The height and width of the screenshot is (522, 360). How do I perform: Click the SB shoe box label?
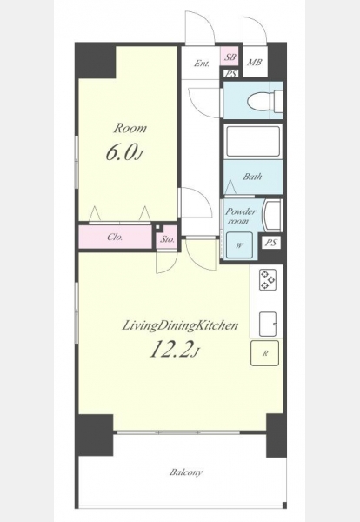coord(230,57)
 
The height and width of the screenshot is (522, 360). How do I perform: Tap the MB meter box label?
coord(255,63)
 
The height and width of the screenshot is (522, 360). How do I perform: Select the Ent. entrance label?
coord(202,64)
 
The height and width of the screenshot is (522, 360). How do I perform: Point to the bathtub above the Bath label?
coord(253,141)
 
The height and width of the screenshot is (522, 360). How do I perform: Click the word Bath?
coord(252,177)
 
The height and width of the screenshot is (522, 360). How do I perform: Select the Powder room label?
coord(241,216)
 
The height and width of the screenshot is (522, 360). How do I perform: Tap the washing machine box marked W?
coord(239,245)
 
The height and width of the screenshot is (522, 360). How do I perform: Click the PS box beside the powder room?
coord(270,243)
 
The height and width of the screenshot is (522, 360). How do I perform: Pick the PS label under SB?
coord(230,74)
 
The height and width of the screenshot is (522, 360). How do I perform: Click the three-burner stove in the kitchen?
coord(268,279)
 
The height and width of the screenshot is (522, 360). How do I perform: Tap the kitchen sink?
coord(268,325)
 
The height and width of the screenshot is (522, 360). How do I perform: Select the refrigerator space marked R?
coord(265,353)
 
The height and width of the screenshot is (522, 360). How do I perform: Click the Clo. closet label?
coord(115,238)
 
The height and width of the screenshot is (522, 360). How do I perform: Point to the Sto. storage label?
coord(167,239)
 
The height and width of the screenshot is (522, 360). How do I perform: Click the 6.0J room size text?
coord(124,154)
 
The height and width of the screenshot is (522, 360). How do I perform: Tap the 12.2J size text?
coord(174,350)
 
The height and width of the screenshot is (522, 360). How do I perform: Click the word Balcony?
coord(186,472)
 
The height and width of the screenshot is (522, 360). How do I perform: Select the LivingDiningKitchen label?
coord(180,325)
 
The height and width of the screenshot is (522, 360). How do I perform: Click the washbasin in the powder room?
coord(272,215)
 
